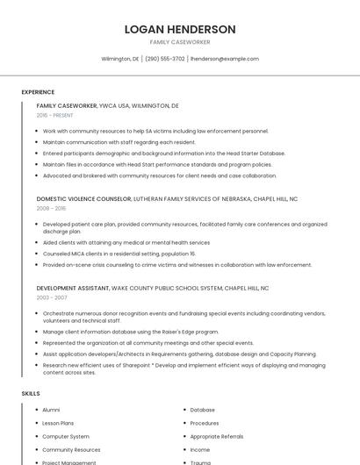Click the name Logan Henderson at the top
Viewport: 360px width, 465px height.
coord(180,29)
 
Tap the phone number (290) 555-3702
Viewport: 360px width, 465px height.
coord(164,59)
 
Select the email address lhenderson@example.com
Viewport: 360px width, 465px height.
coord(225,59)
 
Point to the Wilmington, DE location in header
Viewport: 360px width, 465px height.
coord(120,59)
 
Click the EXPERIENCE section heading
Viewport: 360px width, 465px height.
coord(38,92)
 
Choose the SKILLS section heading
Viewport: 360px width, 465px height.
coord(31,394)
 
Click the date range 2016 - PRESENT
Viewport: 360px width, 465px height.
coord(54,115)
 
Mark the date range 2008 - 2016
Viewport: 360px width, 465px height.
coord(51,209)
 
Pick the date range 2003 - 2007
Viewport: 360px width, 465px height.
coord(51,297)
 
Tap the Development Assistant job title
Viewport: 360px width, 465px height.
coord(73,288)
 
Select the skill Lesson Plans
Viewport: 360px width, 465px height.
coord(58,423)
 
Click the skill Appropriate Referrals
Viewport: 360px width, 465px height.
coord(217,436)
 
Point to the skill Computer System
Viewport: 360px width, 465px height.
coord(66,436)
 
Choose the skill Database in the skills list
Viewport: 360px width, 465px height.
coord(202,410)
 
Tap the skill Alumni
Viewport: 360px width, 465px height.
coord(51,410)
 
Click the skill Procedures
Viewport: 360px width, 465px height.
coord(205,423)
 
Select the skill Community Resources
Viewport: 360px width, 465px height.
coord(71,449)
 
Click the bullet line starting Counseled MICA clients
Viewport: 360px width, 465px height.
coord(119,254)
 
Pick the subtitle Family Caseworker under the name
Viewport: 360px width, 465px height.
coord(180,42)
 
